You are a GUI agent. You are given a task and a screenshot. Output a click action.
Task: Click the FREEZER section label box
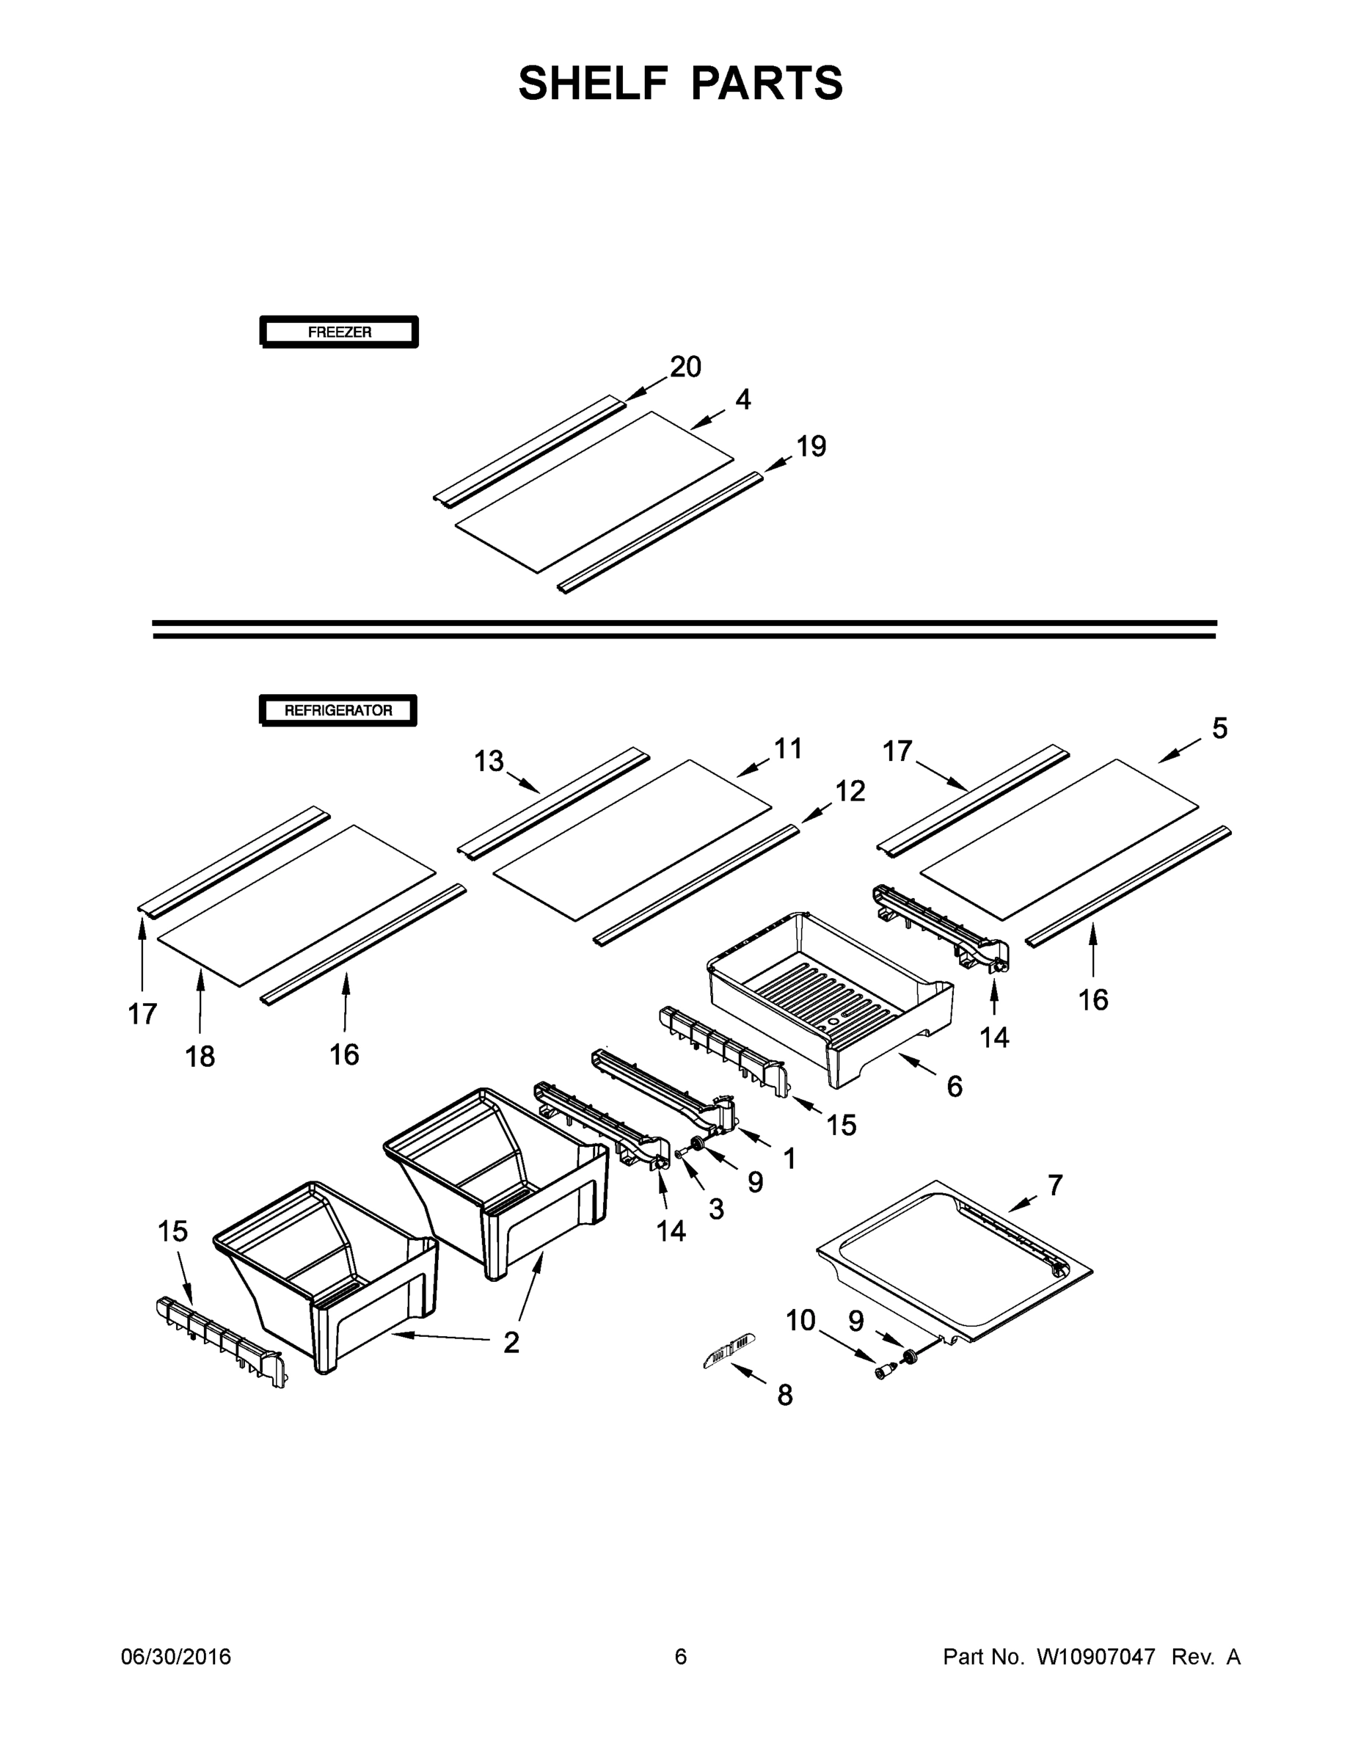(x=339, y=332)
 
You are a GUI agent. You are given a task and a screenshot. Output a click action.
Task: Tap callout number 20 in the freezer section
(x=685, y=368)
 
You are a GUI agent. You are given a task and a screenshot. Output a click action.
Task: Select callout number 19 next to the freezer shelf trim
(x=811, y=447)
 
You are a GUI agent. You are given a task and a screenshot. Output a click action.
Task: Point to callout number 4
(x=742, y=400)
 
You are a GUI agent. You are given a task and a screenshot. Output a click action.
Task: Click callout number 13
(x=489, y=760)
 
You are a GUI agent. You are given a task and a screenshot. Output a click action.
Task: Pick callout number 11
(x=788, y=749)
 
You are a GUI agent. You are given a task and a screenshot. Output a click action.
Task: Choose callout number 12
(x=850, y=791)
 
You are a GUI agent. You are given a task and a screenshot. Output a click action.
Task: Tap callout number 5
(x=1219, y=729)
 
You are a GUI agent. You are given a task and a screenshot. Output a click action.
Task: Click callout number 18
(x=200, y=1057)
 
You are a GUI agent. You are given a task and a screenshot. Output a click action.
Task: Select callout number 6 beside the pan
(x=954, y=1087)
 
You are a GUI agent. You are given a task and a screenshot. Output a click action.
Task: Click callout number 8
(x=784, y=1395)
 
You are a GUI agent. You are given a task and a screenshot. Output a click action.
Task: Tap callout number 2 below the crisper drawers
(x=511, y=1343)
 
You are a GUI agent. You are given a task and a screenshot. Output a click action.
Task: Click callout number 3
(x=716, y=1208)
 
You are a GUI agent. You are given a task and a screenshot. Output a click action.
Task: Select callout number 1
(x=789, y=1159)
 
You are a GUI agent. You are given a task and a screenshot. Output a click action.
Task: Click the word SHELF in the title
(x=594, y=84)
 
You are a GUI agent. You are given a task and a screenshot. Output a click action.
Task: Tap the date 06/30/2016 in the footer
(x=176, y=1657)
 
